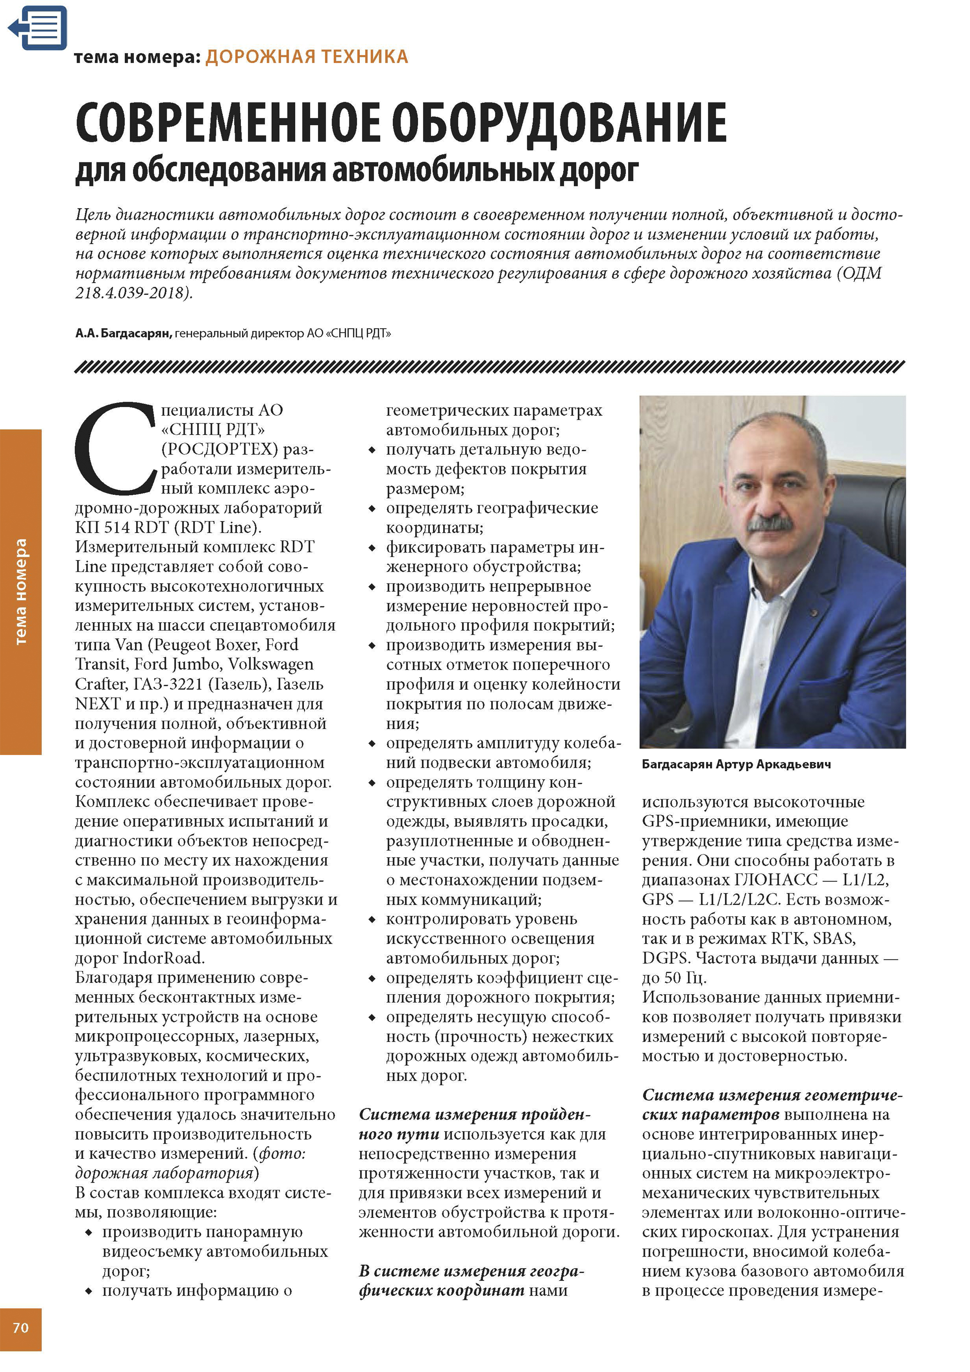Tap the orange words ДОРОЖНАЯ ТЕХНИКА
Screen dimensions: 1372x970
307,57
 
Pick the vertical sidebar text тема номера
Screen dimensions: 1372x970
21,592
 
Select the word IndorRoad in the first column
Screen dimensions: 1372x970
164,958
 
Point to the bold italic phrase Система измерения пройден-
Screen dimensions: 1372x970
474,1114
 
